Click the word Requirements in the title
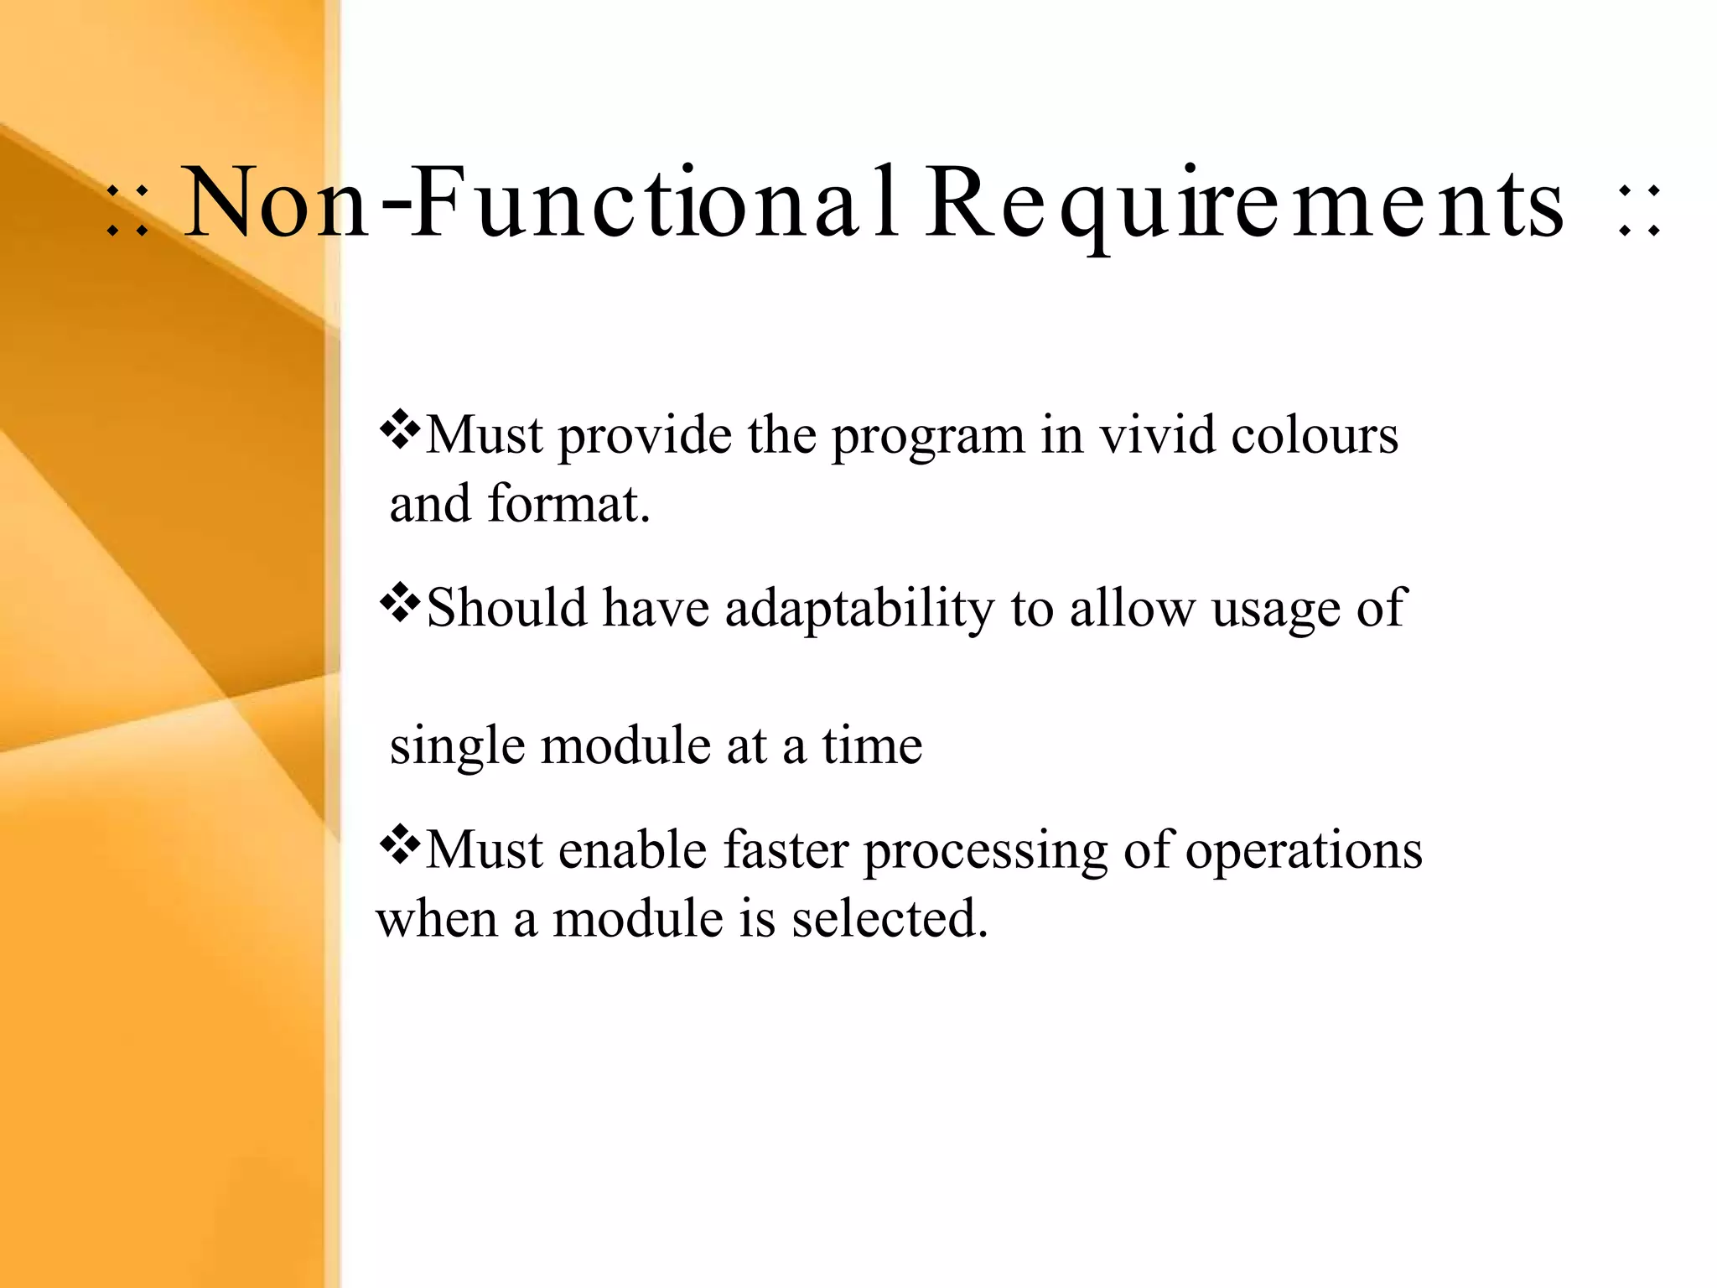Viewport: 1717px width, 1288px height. [x=1245, y=204]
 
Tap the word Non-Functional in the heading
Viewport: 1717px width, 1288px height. [x=541, y=204]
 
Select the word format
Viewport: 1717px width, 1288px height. [x=569, y=505]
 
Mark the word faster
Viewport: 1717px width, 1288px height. [x=786, y=850]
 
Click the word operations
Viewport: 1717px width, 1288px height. [x=1304, y=852]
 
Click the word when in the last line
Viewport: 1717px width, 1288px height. [x=437, y=919]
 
